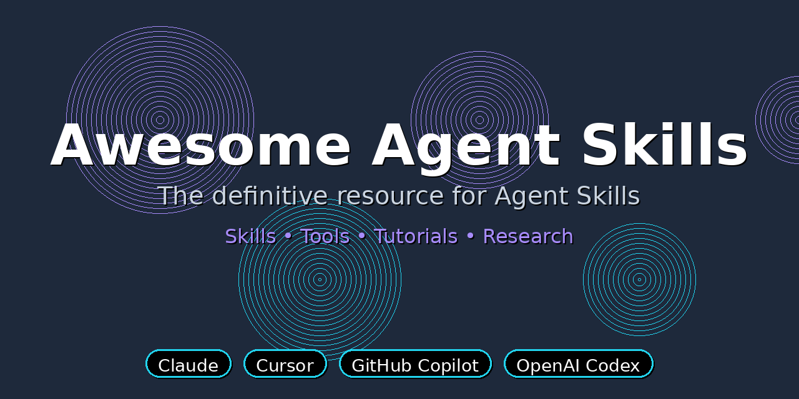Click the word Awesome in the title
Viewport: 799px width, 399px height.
tap(201, 146)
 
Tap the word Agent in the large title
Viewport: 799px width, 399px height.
tap(466, 146)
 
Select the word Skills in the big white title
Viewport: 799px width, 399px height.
tap(664, 146)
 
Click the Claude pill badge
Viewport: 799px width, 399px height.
tap(189, 364)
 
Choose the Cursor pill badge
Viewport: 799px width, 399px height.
tap(285, 364)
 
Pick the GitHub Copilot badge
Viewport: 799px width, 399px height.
tap(415, 364)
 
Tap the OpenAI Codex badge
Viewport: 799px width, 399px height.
tap(578, 364)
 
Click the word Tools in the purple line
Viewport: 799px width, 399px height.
tap(325, 236)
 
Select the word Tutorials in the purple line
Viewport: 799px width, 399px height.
tap(416, 236)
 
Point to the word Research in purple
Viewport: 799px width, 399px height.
tap(528, 236)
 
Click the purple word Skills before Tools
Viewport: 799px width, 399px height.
tap(250, 236)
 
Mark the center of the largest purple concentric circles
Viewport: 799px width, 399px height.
tap(160, 120)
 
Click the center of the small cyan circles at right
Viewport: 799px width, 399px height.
tap(639, 280)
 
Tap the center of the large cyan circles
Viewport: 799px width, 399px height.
tap(320, 280)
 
